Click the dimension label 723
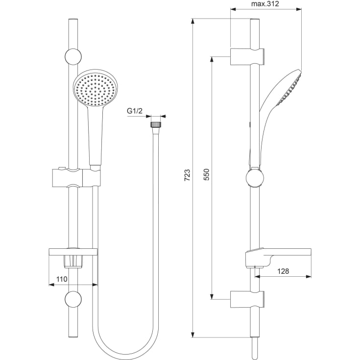pos(187,175)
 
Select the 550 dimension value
pos(207,174)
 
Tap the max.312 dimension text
pos(265,4)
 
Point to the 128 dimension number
pos(283,271)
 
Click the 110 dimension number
pos(62,279)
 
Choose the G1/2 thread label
pos(135,111)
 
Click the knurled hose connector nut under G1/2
pos(156,125)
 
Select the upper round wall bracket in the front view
pos(73,57)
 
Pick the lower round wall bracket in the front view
pos(73,299)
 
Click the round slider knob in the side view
pos(255,178)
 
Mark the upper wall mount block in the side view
pos(247,56)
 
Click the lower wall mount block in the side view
pos(247,299)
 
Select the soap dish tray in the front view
pos(73,252)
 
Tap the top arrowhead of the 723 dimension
pos(193,21)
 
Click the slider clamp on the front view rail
pos(76,178)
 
